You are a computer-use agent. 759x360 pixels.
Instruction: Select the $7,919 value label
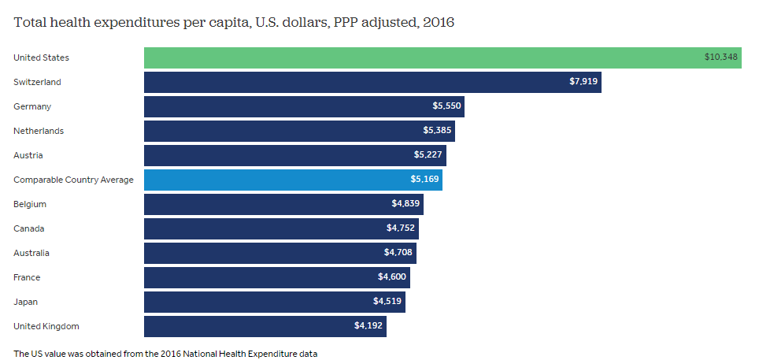[583, 82]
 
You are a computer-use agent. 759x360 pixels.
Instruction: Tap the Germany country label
[31, 106]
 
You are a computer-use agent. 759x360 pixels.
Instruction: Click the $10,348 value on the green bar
[720, 58]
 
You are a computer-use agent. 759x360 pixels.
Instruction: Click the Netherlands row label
[39, 131]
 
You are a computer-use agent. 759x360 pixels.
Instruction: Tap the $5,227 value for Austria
[428, 155]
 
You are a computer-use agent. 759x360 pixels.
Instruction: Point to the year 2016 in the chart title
[438, 22]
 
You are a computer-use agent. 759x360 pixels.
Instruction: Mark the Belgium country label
[30, 204]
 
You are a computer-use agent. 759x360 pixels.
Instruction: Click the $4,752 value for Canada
[401, 228]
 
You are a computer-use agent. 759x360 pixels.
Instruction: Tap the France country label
[27, 277]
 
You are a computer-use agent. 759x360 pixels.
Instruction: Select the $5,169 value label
[424, 180]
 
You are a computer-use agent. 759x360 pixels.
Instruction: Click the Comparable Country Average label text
[73, 180]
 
